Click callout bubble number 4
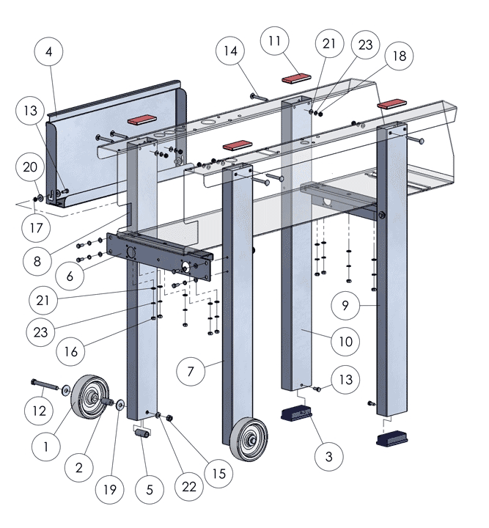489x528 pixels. click(x=49, y=52)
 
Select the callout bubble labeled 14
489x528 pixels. click(x=231, y=52)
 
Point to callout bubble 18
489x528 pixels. click(x=399, y=56)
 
